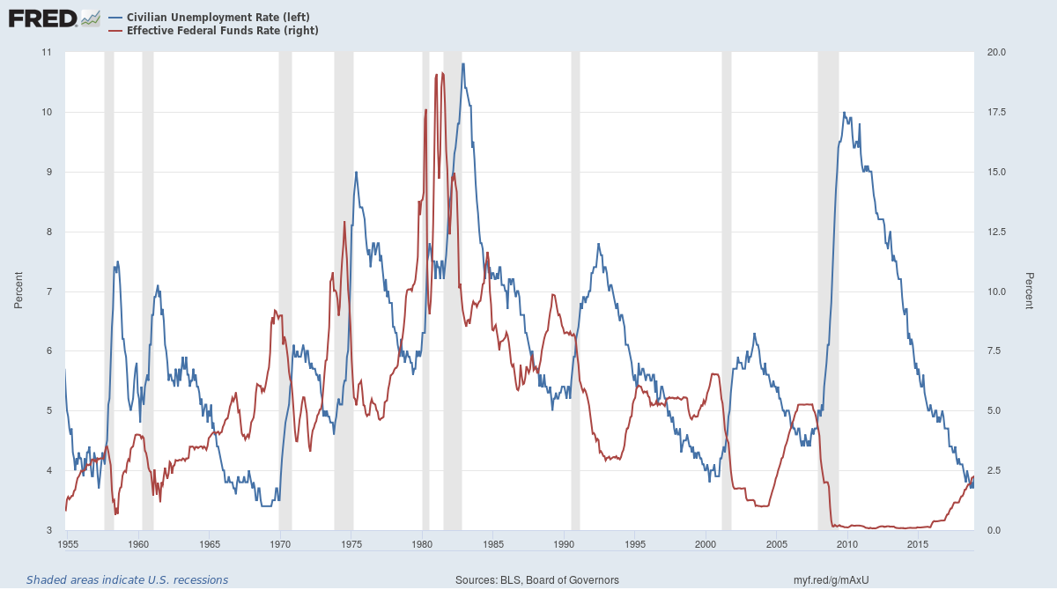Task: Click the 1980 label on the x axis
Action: (422, 545)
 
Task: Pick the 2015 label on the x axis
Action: (919, 545)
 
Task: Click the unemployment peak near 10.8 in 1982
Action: (463, 64)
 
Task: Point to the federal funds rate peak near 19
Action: (442, 73)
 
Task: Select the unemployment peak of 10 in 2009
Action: (844, 113)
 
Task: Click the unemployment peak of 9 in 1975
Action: (356, 173)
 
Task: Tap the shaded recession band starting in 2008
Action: (828, 291)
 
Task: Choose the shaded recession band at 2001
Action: (727, 291)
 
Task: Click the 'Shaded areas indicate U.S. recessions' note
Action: (127, 579)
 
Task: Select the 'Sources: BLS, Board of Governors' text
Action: (536, 579)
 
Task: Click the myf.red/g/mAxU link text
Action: (832, 579)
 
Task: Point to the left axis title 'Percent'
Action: (18, 291)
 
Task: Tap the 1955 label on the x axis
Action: (66, 545)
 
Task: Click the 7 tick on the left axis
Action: (48, 291)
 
